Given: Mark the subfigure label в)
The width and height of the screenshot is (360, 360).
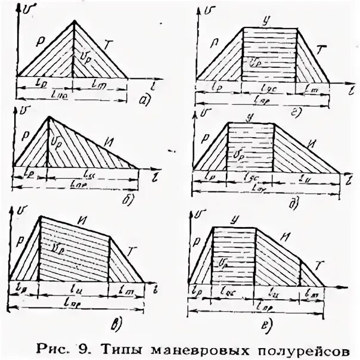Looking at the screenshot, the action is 117,325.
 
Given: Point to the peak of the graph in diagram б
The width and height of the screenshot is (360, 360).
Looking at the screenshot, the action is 48,117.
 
